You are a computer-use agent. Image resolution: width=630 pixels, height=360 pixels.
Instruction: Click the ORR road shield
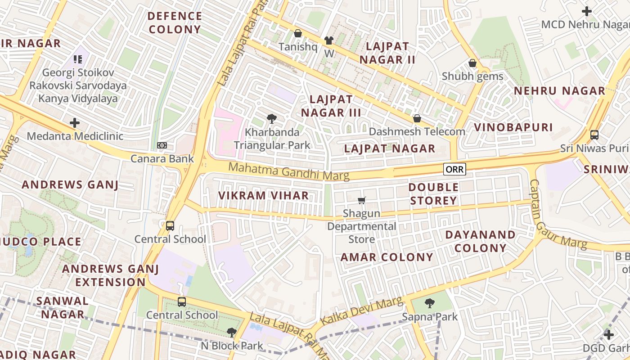coord(454,169)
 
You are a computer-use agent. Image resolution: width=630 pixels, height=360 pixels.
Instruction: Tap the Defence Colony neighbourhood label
coord(175,23)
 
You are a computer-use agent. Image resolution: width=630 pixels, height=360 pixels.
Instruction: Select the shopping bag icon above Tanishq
coord(297,33)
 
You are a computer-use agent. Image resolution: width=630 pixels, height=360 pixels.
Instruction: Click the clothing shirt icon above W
coord(329,40)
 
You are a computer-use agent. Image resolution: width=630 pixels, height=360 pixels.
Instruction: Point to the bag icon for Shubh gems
coord(472,63)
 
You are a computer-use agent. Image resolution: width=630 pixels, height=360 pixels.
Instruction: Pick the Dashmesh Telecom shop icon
coord(417,118)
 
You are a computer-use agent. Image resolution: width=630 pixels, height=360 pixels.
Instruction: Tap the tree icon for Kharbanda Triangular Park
coord(272,119)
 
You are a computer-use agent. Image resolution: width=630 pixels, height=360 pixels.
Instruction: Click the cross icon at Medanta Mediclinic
coord(75,122)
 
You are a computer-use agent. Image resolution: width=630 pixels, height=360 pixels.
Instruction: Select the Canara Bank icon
coord(162,145)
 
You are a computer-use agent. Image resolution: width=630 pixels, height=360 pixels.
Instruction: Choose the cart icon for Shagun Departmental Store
coord(361,200)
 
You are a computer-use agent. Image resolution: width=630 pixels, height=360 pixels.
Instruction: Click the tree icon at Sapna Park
coord(430,303)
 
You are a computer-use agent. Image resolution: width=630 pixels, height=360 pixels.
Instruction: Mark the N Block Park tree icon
coord(232,333)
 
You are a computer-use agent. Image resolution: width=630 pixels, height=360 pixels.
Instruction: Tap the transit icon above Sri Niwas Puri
coord(594,135)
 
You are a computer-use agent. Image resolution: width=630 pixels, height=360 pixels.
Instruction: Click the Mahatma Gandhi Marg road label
coord(289,171)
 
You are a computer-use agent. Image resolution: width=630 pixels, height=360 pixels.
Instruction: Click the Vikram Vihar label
coord(264,195)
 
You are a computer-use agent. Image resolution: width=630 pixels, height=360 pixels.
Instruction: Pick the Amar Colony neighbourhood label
coord(387,257)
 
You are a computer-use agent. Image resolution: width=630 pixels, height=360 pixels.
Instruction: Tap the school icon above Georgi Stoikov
coord(78,59)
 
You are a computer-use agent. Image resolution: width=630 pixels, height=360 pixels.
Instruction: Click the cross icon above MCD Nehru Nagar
coord(587,11)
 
